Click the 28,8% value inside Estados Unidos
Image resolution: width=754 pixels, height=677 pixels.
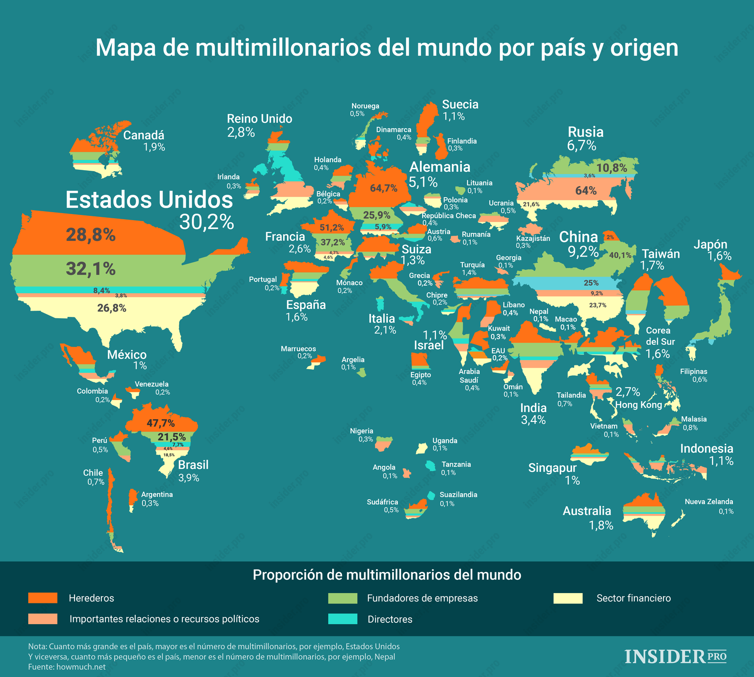[90, 235]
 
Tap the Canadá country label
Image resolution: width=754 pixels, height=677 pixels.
[144, 136]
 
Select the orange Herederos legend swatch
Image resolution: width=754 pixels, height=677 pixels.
[42, 598]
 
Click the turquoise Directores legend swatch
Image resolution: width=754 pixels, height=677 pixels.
[343, 619]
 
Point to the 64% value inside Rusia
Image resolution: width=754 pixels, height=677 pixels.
[586, 191]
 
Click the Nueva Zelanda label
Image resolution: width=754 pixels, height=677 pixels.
[709, 502]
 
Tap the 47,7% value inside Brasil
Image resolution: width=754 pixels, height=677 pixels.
[161, 423]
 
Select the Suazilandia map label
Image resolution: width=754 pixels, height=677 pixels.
[458, 495]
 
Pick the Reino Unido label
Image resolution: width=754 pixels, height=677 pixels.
[259, 119]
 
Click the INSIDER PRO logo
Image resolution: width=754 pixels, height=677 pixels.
[675, 656]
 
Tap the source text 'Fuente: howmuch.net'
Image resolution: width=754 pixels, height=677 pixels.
[67, 667]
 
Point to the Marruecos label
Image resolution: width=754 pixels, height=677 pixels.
[298, 349]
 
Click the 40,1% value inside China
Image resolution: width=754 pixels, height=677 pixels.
[620, 256]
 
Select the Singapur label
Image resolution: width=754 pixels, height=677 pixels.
[552, 468]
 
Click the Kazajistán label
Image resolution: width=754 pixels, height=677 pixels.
[533, 238]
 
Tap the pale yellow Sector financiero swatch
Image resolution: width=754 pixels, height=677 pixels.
[568, 598]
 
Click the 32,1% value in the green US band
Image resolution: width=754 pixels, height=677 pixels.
[90, 269]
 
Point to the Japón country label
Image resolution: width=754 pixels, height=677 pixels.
[710, 245]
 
